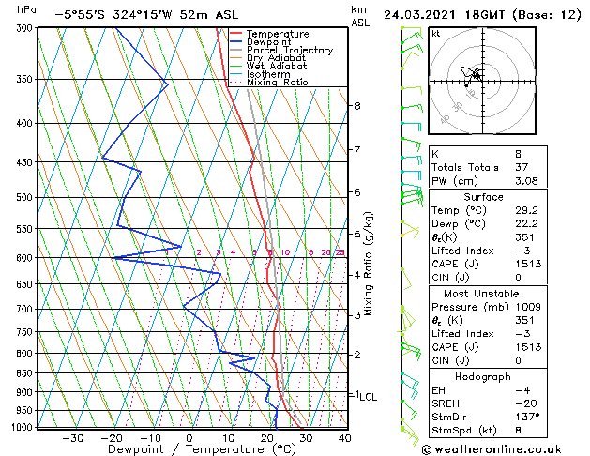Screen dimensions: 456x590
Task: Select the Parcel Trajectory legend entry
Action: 290,51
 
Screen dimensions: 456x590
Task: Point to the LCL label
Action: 368,397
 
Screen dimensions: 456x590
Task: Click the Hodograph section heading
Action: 482,376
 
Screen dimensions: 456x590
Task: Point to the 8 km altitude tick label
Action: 357,106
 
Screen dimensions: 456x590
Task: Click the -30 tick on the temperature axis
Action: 72,437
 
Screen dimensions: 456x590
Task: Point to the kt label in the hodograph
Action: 435,34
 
